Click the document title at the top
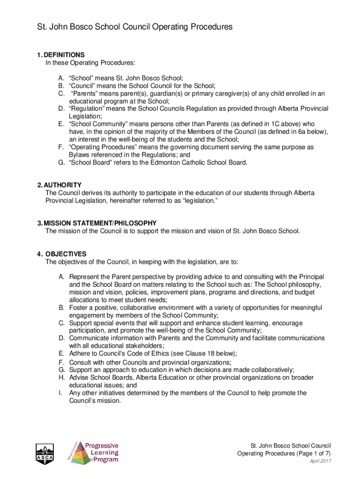[x=135, y=27]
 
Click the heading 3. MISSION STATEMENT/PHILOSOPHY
[x=100, y=223]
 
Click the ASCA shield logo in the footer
[x=45, y=453]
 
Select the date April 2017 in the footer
[x=321, y=461]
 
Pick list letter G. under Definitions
[x=61, y=162]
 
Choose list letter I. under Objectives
[x=60, y=393]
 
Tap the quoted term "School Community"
[x=99, y=124]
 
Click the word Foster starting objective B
[x=78, y=307]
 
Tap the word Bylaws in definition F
[x=79, y=155]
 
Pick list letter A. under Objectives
[x=61, y=277]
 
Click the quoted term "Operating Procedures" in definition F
[x=104, y=147]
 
